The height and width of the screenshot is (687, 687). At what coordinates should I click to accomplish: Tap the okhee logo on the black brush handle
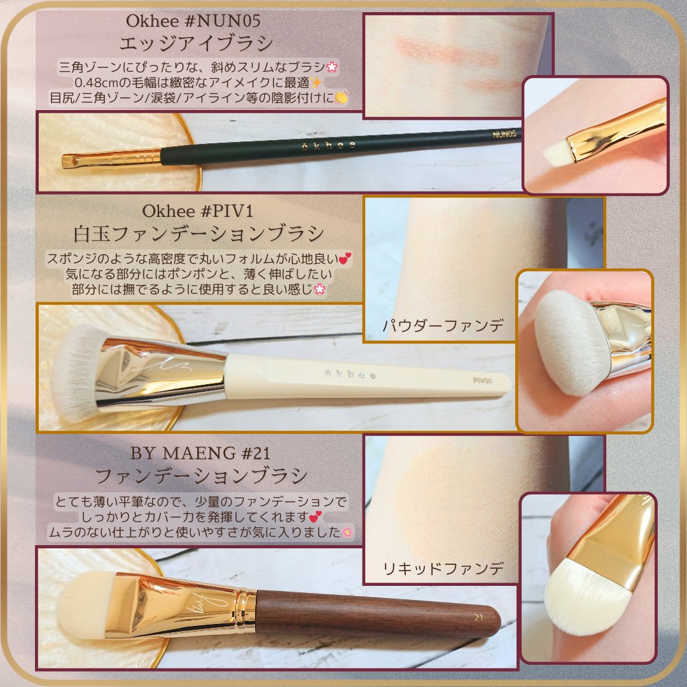(330, 146)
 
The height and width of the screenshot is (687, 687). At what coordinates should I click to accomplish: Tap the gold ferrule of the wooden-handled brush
(184, 604)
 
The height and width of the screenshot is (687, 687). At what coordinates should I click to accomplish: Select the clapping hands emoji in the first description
(341, 98)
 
